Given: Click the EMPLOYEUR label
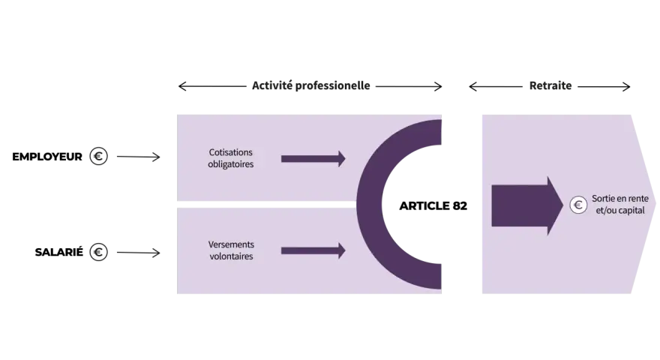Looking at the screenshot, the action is [47, 157].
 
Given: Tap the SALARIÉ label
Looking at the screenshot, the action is [59, 252].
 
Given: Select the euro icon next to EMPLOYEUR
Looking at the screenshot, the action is [98, 156].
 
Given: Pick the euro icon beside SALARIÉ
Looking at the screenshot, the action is [98, 252].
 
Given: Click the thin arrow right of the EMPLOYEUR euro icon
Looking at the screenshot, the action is [139, 157].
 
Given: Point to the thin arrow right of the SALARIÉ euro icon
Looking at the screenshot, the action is [139, 253].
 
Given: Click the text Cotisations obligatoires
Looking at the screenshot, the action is [231, 158].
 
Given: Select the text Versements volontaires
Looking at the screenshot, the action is [231, 250].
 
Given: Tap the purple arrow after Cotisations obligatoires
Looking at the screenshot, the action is [313, 159].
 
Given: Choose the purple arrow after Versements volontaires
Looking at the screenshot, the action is [313, 251].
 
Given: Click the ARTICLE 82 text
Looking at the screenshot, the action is [433, 206].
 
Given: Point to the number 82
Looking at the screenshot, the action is [460, 206].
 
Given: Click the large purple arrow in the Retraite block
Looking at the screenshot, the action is [527, 205].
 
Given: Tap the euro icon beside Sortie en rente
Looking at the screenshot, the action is [578, 205].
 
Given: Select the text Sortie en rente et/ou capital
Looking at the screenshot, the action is [620, 204].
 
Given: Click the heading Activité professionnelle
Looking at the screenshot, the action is [311, 86].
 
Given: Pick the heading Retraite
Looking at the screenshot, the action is [550, 86].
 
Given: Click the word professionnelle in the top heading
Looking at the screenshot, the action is [332, 86].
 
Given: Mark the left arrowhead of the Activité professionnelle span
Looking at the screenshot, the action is [181, 86].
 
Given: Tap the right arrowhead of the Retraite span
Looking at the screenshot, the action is [627, 87].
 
